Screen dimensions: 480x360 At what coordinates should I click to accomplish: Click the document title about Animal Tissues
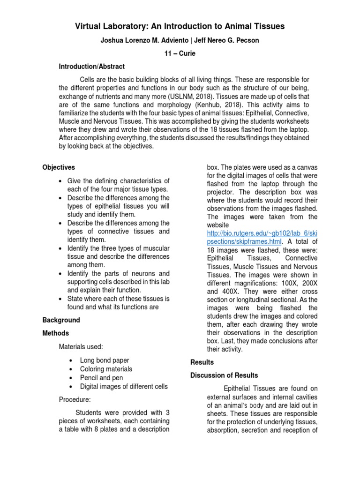(180, 26)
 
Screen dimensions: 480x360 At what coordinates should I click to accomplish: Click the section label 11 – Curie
(180, 53)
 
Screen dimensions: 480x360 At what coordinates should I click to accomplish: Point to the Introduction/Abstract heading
(91, 67)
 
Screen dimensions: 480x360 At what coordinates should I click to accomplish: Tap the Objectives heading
(59, 167)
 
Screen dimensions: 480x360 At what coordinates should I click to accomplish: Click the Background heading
(61, 320)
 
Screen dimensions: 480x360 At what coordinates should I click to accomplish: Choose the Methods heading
(56, 333)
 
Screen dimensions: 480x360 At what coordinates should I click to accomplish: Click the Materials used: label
(81, 347)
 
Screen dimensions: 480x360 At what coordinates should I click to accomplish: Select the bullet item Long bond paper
(105, 360)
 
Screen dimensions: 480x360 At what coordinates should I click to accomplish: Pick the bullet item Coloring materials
(106, 369)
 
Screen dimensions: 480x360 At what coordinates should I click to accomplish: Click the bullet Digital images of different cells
(124, 386)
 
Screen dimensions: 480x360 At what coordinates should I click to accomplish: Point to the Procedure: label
(75, 400)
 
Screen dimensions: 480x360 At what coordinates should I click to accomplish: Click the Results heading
(202, 362)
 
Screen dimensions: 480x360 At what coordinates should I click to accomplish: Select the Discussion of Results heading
(224, 375)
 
